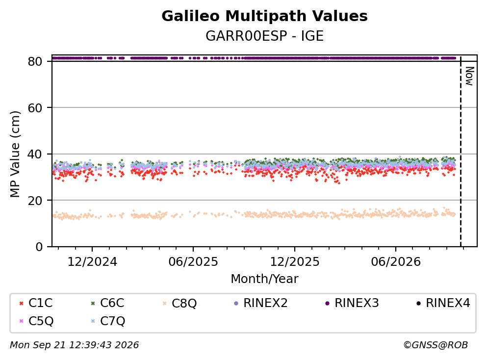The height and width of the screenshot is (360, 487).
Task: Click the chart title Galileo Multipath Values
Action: pyautogui.click(x=264, y=16)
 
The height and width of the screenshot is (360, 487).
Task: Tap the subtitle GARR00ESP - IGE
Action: pyautogui.click(x=264, y=36)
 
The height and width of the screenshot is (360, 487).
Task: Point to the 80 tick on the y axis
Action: pyautogui.click(x=35, y=61)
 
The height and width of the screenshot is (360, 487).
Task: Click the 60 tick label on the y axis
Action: pyautogui.click(x=35, y=108)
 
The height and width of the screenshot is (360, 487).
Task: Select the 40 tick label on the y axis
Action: pyautogui.click(x=35, y=154)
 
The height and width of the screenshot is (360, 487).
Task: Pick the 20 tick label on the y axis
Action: pyautogui.click(x=35, y=201)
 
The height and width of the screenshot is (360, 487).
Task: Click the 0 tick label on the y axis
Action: pyautogui.click(x=39, y=247)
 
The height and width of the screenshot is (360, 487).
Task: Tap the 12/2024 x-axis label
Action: pyautogui.click(x=92, y=262)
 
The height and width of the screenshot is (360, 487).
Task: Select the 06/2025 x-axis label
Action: pyautogui.click(x=193, y=262)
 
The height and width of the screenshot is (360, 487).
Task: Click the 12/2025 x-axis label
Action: pyautogui.click(x=294, y=262)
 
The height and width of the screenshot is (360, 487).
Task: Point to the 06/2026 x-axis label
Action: pyautogui.click(x=396, y=262)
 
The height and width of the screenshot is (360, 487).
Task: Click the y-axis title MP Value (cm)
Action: pyautogui.click(x=15, y=154)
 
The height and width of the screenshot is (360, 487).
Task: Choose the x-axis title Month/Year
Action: pyautogui.click(x=264, y=279)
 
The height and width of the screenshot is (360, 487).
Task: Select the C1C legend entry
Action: pyautogui.click(x=36, y=303)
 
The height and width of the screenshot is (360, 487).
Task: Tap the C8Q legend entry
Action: pyautogui.click(x=180, y=303)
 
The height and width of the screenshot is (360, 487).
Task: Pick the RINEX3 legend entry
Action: pyautogui.click(x=352, y=303)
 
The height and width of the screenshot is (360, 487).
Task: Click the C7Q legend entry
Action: pyautogui.click(x=108, y=321)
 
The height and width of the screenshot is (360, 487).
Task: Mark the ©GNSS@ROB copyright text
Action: pyautogui.click(x=436, y=345)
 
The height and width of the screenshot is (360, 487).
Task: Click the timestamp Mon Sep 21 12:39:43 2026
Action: pyautogui.click(x=74, y=345)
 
